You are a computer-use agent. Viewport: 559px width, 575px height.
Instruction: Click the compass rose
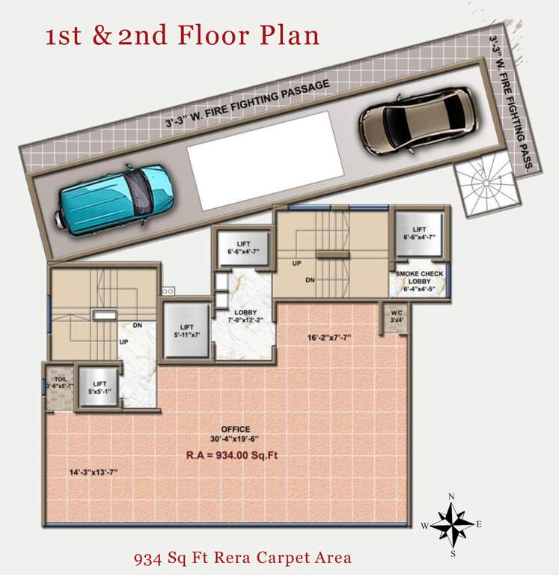point(452,523)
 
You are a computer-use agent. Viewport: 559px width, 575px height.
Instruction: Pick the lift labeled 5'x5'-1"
point(97,386)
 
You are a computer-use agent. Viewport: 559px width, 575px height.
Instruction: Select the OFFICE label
point(235,429)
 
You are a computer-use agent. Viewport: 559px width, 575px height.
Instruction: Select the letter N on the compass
point(452,496)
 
